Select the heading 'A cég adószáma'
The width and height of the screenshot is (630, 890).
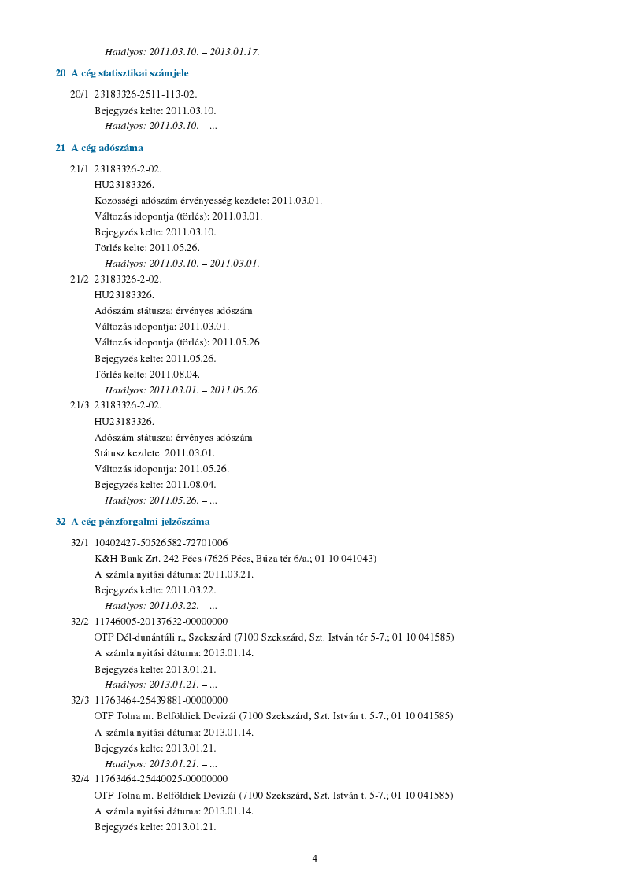107,148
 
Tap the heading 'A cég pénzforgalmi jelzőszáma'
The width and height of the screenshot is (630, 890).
140,522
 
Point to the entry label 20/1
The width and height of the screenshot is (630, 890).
80,94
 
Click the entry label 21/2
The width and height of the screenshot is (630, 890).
80,279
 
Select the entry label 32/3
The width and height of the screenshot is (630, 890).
80,700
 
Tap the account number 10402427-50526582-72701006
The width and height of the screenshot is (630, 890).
161,542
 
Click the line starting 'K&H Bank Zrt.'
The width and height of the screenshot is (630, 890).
235,558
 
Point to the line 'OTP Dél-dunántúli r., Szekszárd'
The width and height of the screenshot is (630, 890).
274,637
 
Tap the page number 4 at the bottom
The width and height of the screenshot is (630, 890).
315,859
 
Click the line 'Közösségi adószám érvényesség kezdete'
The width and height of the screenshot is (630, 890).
208,201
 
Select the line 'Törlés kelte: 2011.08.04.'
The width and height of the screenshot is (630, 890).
147,374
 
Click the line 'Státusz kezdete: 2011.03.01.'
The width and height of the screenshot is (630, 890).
154,453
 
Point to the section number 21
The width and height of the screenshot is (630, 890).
61,148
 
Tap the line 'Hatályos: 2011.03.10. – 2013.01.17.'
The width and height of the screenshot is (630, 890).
182,52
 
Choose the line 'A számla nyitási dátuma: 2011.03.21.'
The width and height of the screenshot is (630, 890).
174,574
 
